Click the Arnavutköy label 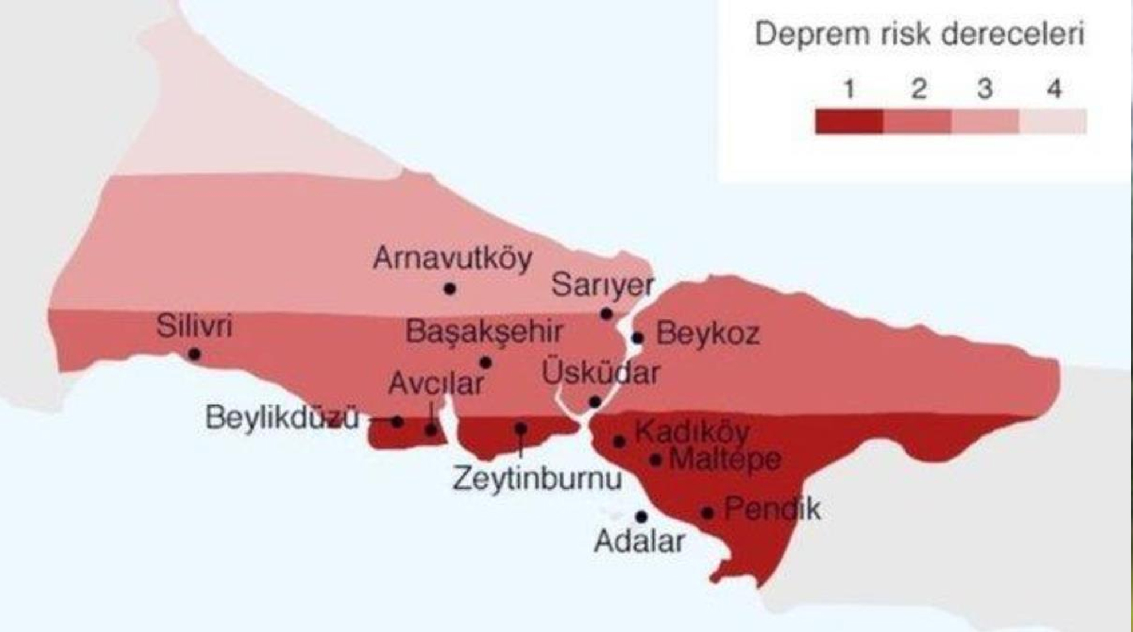click(452, 259)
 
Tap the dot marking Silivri click(195, 354)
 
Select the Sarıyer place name click(602, 285)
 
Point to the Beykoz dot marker click(638, 338)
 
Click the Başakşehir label click(484, 332)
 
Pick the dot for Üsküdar click(595, 402)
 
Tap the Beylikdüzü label click(282, 417)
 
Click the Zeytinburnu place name click(536, 479)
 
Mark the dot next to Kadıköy click(619, 441)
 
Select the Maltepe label click(724, 459)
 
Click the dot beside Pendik click(708, 513)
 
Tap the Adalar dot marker click(641, 517)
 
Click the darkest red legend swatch click(849, 121)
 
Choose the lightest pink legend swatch click(1053, 121)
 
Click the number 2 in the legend click(918, 89)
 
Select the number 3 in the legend click(985, 89)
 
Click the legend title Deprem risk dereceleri click(919, 34)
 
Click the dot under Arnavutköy click(450, 289)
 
